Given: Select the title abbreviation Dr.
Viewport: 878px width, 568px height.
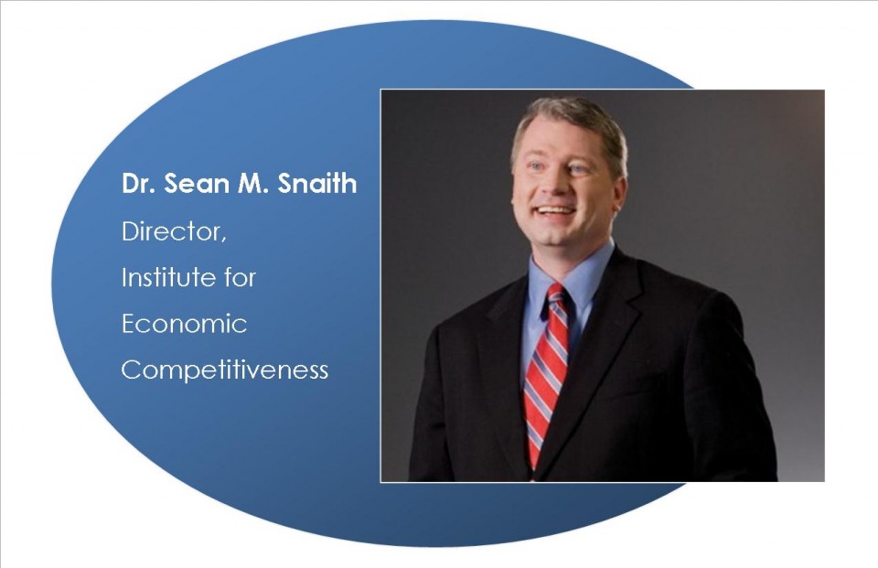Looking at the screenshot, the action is [x=138, y=184].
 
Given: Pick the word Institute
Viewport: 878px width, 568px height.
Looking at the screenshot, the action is [x=167, y=277].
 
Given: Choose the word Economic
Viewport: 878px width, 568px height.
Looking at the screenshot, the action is [x=184, y=324].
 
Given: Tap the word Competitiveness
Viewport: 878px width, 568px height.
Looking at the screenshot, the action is [x=225, y=370].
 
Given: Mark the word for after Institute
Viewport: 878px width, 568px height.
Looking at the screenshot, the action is [x=240, y=277].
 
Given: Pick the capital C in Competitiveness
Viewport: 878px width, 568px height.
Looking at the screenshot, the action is [x=130, y=370].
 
